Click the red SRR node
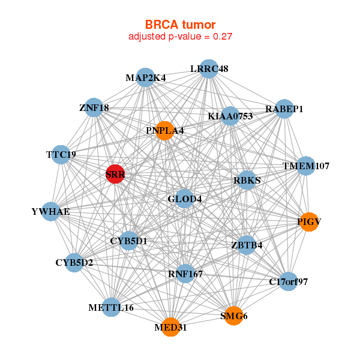[x=115, y=174]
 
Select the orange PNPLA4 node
[x=165, y=130]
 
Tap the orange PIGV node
[x=308, y=221]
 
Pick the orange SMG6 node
[x=233, y=316]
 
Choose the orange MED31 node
[x=170, y=327]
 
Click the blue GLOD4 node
[x=184, y=199]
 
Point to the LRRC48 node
[x=208, y=69]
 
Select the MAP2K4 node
[x=146, y=78]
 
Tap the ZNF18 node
[x=94, y=108]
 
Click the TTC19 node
[x=61, y=154]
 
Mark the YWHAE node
[x=51, y=211]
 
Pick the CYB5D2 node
[x=74, y=262]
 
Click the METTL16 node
[x=111, y=307]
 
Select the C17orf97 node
[x=289, y=281]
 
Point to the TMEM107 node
[x=306, y=166]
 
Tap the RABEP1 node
[x=284, y=109]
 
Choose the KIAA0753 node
[x=230, y=116]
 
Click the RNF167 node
[x=185, y=274]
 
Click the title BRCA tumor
[x=180, y=25]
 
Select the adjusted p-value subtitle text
[x=180, y=37]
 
